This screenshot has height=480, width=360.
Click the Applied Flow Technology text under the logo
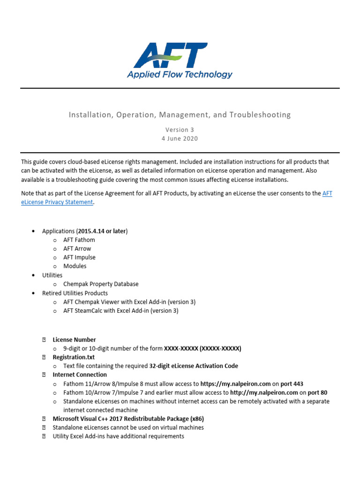180,75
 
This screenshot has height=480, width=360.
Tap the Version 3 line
180,129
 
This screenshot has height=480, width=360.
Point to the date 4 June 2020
180,138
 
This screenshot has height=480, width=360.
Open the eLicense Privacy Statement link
57,202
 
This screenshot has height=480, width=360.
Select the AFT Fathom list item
79,240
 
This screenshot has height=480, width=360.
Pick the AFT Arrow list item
77,248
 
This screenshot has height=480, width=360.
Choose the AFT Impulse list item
79,257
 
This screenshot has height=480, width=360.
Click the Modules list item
75,266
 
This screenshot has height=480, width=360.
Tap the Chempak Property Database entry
101,284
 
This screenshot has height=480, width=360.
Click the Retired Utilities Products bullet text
75,293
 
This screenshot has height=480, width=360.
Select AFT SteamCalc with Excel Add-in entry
121,310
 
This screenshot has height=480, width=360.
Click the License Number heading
74,340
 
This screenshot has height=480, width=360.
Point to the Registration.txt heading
74,357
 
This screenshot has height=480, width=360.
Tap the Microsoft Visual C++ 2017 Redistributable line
128,419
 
